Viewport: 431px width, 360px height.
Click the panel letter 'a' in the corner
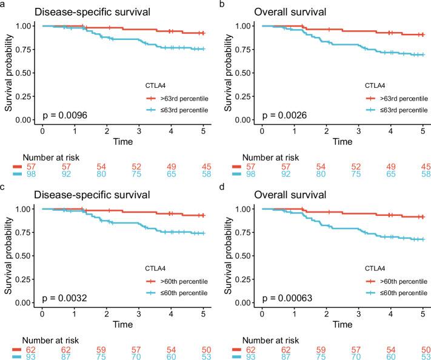click(3, 4)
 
